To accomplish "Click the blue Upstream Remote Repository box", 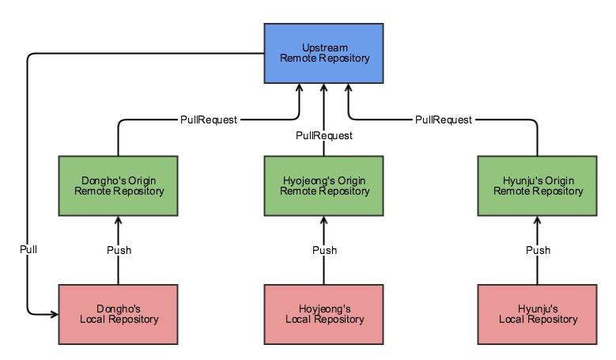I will click(x=324, y=52).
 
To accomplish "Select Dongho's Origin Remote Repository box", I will click(x=119, y=185).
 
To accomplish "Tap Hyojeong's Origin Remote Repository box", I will click(x=324, y=185).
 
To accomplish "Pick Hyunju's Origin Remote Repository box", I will click(x=538, y=185).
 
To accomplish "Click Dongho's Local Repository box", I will click(x=119, y=314).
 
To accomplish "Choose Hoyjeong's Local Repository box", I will click(x=324, y=314).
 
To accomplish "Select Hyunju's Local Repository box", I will click(x=538, y=314).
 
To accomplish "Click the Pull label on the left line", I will click(x=28, y=249).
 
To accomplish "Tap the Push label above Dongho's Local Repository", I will click(x=119, y=250).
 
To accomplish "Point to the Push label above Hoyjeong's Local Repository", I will click(x=324, y=250).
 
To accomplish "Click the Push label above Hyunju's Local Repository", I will click(x=538, y=250).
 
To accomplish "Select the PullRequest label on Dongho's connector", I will click(x=207, y=120).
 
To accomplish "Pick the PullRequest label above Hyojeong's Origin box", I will click(x=324, y=135).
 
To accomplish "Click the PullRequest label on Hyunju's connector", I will click(x=444, y=120).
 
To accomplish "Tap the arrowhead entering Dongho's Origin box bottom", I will click(x=119, y=221).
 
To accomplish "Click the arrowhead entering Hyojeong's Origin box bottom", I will click(x=324, y=221).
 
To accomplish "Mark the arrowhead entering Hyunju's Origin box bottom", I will click(x=538, y=221).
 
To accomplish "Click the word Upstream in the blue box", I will click(x=324, y=47).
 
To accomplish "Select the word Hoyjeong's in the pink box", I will click(x=324, y=308).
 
